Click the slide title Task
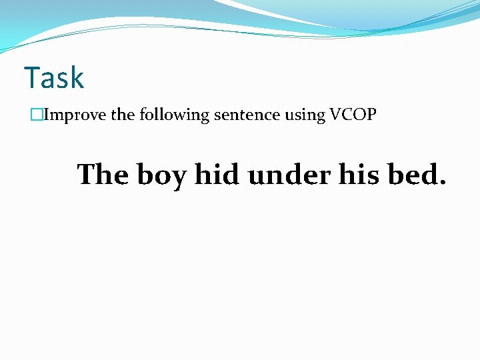coord(54,78)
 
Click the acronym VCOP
coord(352,115)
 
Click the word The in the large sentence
coord(103,175)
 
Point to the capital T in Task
coord(31,78)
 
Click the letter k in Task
coord(77,78)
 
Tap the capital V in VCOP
coord(334,115)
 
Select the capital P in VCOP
coord(371,115)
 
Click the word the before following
coord(123,115)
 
